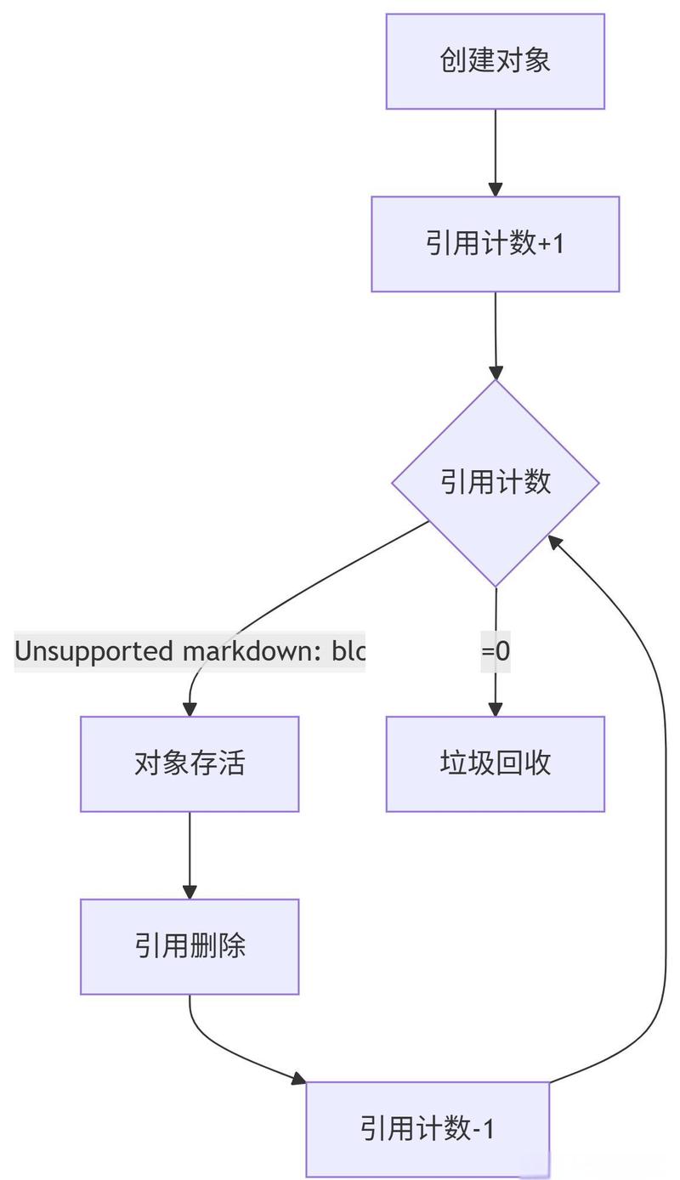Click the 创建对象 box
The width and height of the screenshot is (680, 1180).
coord(495,61)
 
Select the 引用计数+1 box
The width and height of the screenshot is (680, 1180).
coord(495,244)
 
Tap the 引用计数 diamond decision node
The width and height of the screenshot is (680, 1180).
coord(495,482)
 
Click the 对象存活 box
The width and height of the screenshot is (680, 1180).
coord(190,763)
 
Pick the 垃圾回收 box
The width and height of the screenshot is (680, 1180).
coord(495,763)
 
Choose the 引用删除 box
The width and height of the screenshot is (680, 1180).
coord(190,946)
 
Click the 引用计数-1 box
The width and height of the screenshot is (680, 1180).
coord(428,1129)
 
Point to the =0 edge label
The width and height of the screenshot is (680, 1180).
coord(496,651)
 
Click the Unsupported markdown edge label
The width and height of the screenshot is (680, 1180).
coord(190,651)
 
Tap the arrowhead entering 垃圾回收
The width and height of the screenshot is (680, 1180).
coord(496,709)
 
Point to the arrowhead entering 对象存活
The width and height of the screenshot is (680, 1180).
coord(190,709)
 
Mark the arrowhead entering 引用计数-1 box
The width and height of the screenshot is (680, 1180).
coord(298,1079)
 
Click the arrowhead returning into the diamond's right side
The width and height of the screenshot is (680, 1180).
coord(555,541)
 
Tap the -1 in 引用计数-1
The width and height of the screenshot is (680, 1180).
coord(484,1129)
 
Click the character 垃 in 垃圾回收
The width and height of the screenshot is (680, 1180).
coord(453,763)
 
